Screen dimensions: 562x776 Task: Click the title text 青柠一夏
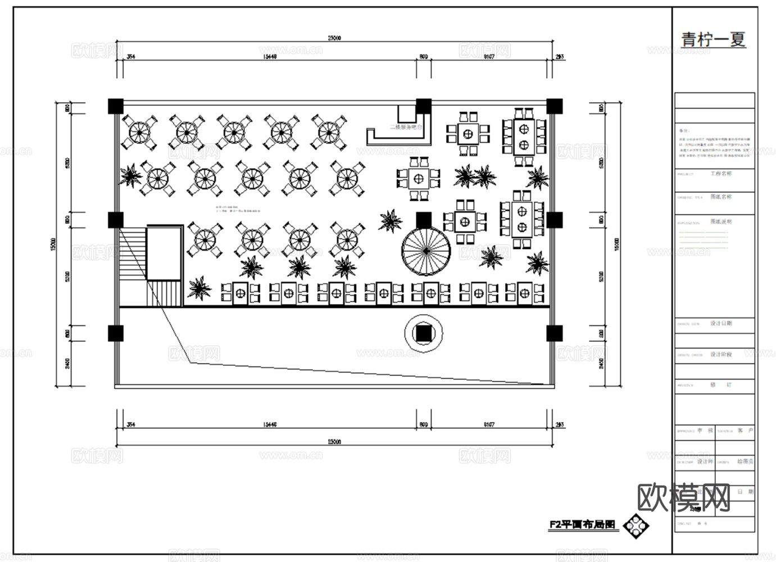pos(714,39)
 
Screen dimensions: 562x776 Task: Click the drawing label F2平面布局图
pos(583,525)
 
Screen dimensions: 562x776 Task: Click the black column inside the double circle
pos(424,334)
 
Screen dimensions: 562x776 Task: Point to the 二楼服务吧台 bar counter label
pos(406,128)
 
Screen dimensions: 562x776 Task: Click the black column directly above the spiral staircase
pos(424,220)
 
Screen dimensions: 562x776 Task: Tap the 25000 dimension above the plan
pos(334,38)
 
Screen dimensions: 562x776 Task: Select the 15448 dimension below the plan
pos(270,425)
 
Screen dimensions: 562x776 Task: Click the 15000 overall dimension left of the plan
pos(53,244)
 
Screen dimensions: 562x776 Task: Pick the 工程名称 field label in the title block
pos(721,174)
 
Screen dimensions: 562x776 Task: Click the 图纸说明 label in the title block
pos(721,222)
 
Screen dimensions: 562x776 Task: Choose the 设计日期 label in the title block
pos(721,324)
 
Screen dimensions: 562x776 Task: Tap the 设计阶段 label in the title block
pos(721,355)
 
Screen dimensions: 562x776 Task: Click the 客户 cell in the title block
pos(745,430)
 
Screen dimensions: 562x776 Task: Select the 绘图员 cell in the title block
pos(745,461)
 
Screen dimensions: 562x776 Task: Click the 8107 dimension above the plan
pos(489,57)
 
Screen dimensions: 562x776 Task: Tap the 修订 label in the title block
pos(721,386)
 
